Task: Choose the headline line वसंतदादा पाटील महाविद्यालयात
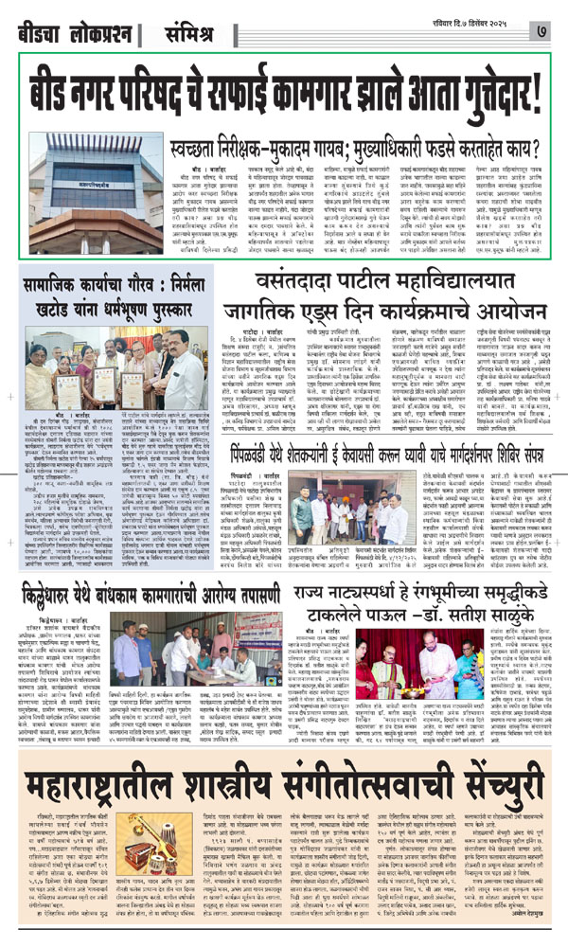point(406,280)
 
